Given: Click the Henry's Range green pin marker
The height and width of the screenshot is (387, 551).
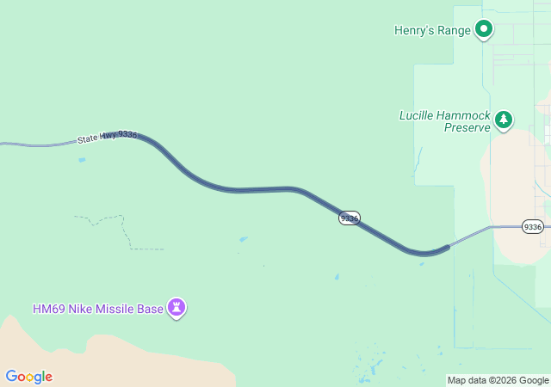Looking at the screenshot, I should point(484,29).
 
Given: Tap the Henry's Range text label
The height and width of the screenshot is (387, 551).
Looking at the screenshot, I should point(432,31).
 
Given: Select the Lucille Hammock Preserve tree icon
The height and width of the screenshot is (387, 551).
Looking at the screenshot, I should point(504,120).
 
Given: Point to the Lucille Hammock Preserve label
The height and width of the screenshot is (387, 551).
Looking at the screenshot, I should point(444,121).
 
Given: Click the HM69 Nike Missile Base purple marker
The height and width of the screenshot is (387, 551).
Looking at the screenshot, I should point(176,306).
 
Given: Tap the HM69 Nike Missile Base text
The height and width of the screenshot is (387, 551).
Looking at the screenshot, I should point(97,309).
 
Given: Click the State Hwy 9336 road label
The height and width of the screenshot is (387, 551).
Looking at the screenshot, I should point(107,136).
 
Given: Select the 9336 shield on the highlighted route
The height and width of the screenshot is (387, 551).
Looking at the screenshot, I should point(349,218).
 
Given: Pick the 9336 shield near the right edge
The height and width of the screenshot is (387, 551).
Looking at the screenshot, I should point(533,227).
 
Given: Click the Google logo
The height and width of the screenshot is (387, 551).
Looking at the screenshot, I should point(28,377).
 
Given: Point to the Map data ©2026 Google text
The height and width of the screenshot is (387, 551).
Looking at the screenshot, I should point(498,380).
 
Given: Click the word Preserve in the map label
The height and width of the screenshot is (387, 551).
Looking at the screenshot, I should point(467,127).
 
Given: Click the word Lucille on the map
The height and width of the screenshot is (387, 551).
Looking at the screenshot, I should point(419,115).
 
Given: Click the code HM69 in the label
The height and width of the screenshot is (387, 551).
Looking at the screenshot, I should point(47,309).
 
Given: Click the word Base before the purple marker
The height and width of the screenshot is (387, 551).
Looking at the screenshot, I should point(149,309).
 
